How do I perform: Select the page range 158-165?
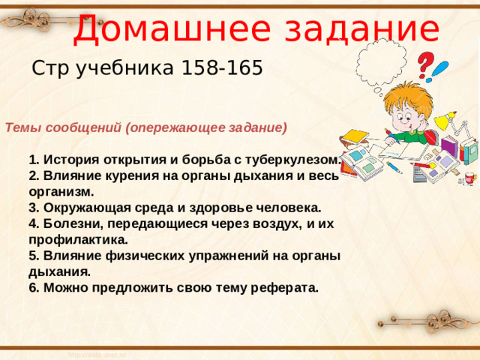(222, 69)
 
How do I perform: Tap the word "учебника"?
(126, 69)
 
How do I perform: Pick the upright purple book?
(446, 154)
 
